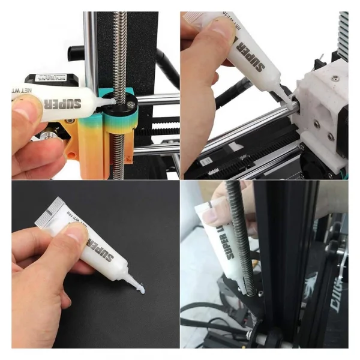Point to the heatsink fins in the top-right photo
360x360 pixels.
(343, 36)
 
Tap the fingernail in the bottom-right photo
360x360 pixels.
(211, 212)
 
